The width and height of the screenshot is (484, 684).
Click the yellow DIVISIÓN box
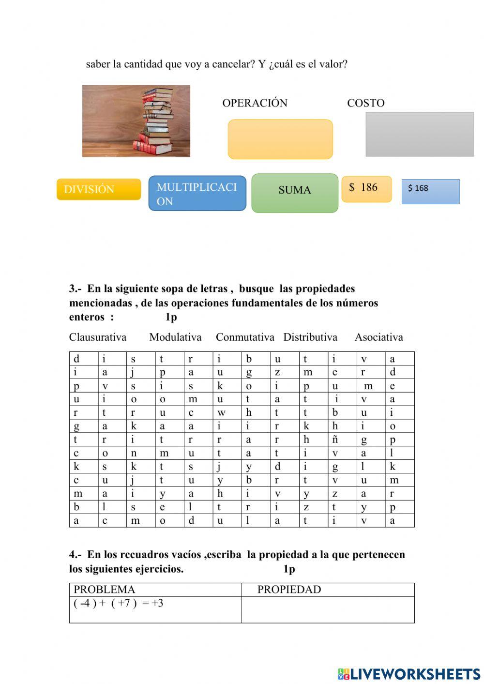pyautogui.click(x=98, y=189)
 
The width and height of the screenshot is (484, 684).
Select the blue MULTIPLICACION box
pyautogui.click(x=197, y=194)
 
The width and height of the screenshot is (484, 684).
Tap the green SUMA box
pyautogui.click(x=294, y=193)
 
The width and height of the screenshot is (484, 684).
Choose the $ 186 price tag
pyautogui.click(x=366, y=189)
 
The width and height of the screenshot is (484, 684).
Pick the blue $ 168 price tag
pyautogui.click(x=430, y=192)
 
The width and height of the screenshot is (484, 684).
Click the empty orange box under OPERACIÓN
pyautogui.click(x=280, y=139)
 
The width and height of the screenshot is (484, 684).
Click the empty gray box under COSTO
pyautogui.click(x=419, y=135)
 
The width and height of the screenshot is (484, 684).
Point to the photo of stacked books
pyautogui.click(x=136, y=121)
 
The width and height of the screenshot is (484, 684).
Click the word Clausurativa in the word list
pyautogui.click(x=98, y=337)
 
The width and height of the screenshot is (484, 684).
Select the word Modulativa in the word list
pyautogui.click(x=175, y=337)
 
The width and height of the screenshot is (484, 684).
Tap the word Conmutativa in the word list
pyautogui.click(x=245, y=337)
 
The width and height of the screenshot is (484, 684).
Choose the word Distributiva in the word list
pyautogui.click(x=310, y=337)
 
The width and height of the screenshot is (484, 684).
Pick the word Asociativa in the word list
pyautogui.click(x=378, y=337)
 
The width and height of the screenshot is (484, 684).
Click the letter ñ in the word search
pyautogui.click(x=335, y=440)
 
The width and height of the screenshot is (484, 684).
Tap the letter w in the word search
pyautogui.click(x=221, y=413)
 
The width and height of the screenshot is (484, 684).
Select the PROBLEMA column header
pyautogui.click(x=105, y=590)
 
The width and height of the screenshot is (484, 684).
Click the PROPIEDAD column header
pyautogui.click(x=289, y=590)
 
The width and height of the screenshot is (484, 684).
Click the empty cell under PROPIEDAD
pyautogui.click(x=328, y=609)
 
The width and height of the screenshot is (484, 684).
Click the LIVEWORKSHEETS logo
pyautogui.click(x=409, y=674)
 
